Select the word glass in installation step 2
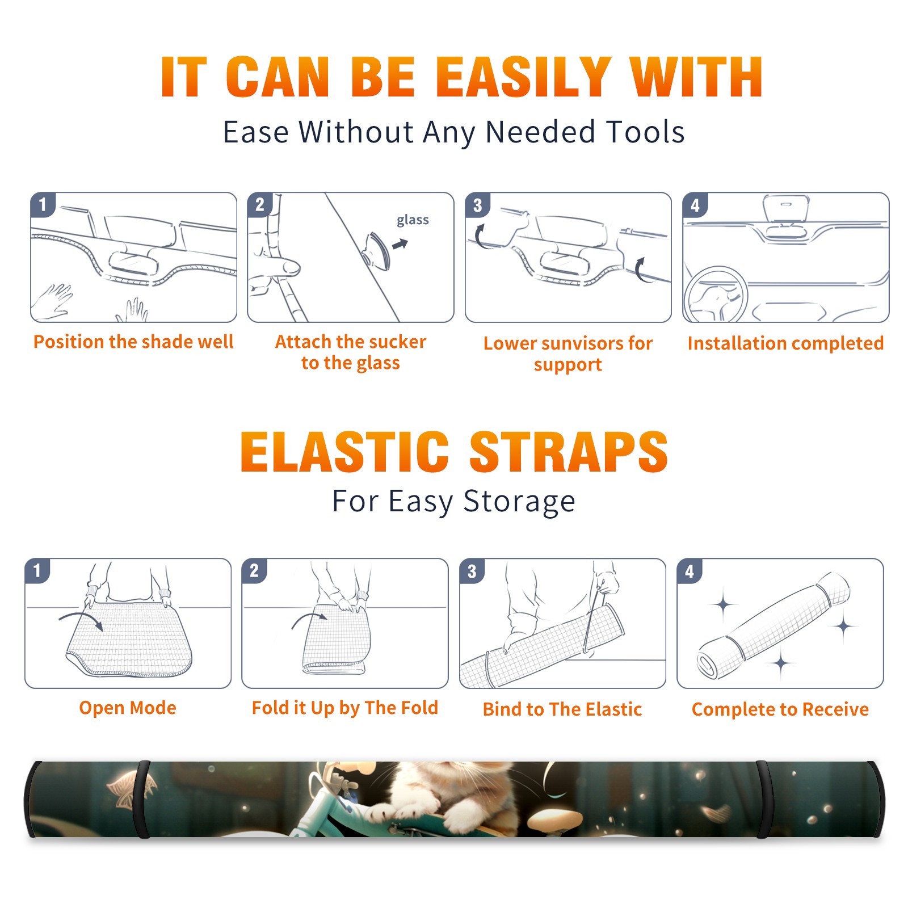pos(413,220)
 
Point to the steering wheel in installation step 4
pos(716,295)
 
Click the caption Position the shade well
pos(133,342)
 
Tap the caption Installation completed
pos(785,343)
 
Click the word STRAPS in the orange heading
pos(569,452)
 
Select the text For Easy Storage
pos(453,502)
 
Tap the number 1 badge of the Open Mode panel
pos(37,570)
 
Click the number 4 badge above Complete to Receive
pos(690,571)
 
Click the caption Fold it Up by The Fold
pos(345,708)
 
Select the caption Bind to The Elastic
pos(562,709)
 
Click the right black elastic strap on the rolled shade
pos(763,799)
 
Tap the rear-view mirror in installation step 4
pos(786,208)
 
